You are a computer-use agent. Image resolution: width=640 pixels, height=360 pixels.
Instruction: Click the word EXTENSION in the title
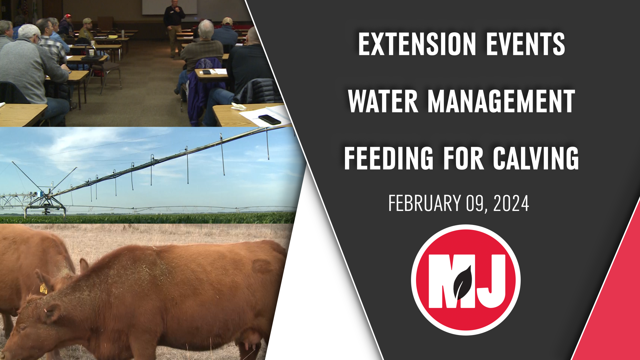417,44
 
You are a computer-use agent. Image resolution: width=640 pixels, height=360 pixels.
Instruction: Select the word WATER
383,101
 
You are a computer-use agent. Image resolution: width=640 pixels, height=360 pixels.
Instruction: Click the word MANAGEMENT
501,101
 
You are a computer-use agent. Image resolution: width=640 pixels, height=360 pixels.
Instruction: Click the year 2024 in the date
511,203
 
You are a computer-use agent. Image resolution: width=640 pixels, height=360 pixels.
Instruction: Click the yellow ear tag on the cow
44,289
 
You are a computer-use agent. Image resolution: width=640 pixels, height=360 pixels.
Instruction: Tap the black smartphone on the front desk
269,120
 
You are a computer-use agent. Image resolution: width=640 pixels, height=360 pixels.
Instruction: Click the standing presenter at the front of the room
174,28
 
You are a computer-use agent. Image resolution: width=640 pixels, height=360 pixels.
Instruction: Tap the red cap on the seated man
68,16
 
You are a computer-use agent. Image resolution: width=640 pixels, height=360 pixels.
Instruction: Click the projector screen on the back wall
169,7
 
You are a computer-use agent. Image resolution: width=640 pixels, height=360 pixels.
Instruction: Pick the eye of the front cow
23,328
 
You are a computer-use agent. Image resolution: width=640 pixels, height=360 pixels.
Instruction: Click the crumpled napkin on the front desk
238,107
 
